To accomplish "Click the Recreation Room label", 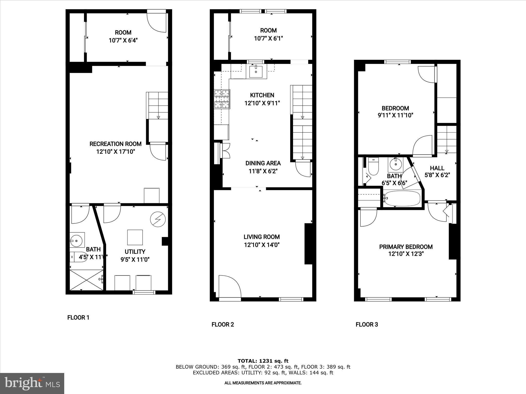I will click(115, 144).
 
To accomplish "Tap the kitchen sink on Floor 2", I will click(256, 72).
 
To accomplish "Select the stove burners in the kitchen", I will click(222, 99).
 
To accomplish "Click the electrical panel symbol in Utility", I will click(158, 219).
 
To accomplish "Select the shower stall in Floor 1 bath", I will click(87, 279).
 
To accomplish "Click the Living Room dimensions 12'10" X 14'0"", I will click(262, 245).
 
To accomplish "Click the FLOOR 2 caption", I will click(223, 324).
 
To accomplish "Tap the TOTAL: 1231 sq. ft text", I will click(263, 361).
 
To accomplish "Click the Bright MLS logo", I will click(32, 383).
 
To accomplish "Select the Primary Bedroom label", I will click(406, 247).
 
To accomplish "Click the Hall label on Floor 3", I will click(437, 168).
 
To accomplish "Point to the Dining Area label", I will click(263, 163).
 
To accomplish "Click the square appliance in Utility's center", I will click(135, 237).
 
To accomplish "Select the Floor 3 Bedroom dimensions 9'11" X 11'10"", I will click(395, 115).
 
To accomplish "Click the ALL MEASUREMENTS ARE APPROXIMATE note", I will click(263, 383).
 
